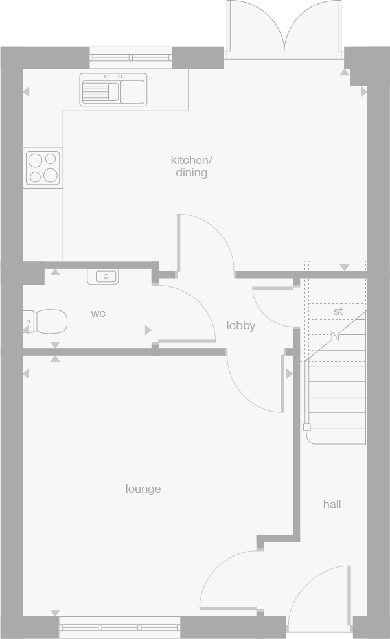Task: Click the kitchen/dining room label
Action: pyautogui.click(x=191, y=166)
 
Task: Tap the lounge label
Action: pyautogui.click(x=143, y=489)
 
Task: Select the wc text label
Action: pyautogui.click(x=98, y=314)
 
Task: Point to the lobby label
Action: pyautogui.click(x=240, y=325)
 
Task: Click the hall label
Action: pyautogui.click(x=332, y=504)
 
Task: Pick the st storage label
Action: pyautogui.click(x=338, y=311)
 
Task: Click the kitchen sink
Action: pyautogui.click(x=113, y=89)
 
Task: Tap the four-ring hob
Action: pyautogui.click(x=43, y=167)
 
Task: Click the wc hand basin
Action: pyautogui.click(x=102, y=277)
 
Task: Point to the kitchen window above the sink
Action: pyautogui.click(x=131, y=58)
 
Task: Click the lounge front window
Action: pyautogui.click(x=120, y=627)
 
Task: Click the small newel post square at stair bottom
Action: pyautogui.click(x=306, y=427)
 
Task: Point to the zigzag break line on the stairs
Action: pyautogui.click(x=335, y=335)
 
